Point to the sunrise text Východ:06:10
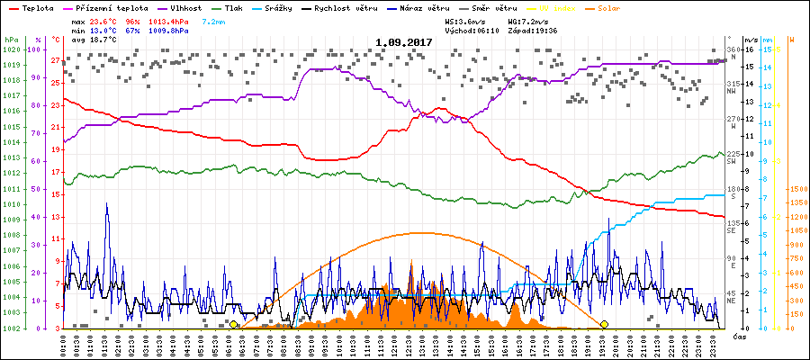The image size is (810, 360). pos(472,29)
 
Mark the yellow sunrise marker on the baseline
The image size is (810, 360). pos(234,324)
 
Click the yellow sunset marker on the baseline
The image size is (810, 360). pos(604,324)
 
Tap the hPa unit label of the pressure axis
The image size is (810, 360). pos(10,40)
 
